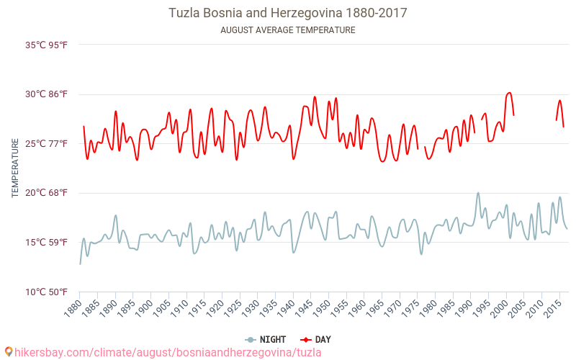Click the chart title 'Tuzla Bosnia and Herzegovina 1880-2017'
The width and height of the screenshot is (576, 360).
287,13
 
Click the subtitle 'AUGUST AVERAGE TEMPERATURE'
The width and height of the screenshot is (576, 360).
287,30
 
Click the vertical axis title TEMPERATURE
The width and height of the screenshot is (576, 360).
15,168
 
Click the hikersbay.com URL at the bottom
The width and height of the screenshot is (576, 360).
168,352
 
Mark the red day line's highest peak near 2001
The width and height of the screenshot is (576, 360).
509,93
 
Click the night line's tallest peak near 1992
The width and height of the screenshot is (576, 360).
478,193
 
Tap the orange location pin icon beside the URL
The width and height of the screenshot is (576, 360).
8,352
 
